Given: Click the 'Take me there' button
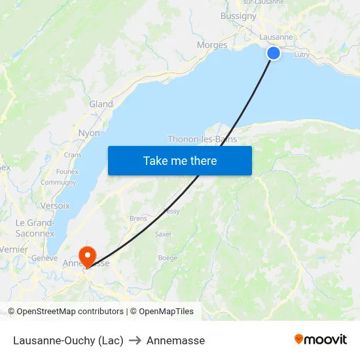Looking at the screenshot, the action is coord(180,160).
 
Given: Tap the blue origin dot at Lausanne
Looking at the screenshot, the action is coord(274,53).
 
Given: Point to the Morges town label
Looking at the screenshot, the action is coord(212,45).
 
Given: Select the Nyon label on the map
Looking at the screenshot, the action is coord(89,133).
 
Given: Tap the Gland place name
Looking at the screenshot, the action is coord(101,104).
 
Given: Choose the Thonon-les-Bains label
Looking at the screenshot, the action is coord(202,139).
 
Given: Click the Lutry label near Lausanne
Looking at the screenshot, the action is coord(302,55).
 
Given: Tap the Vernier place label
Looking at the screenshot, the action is coord(14,249).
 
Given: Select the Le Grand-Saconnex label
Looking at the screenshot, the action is coord(35,228).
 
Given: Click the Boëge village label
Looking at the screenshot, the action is coord(168,258).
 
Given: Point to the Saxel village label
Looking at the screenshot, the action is coord(163,234).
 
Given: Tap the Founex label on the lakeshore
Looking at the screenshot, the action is coord(67,171).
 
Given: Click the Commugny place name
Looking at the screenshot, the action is coord(58,183).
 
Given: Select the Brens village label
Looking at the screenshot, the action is coord(138,218).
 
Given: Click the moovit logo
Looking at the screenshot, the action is coord(321,340).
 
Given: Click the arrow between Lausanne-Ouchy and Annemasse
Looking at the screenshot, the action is coord(135,340).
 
